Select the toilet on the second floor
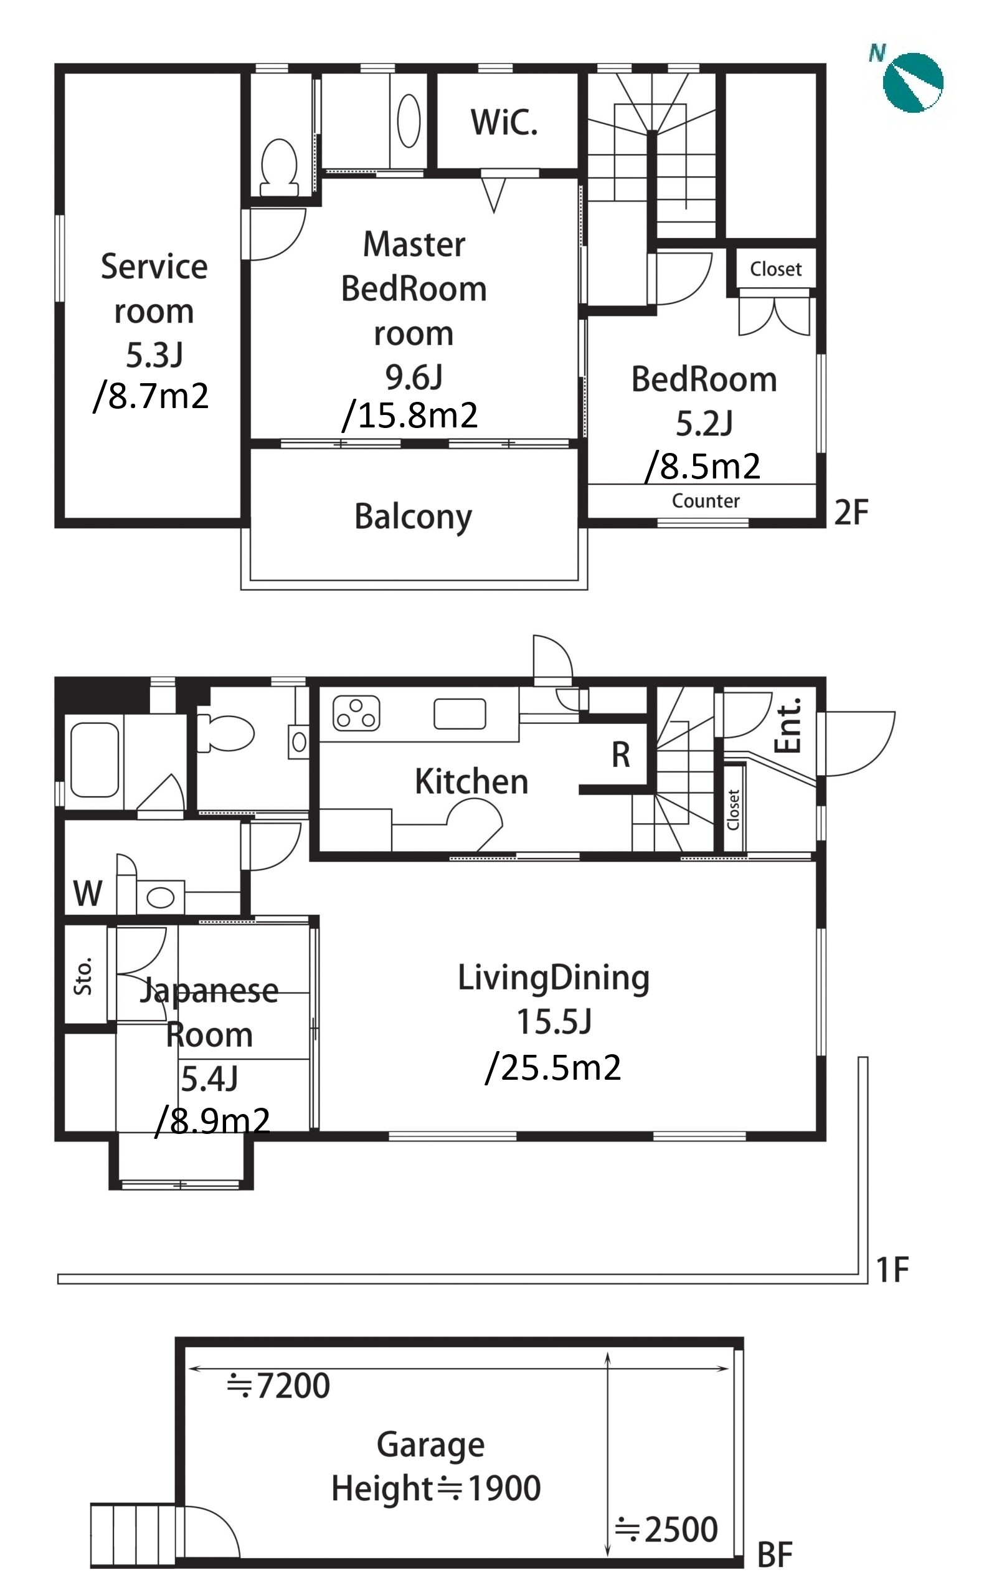(x=279, y=168)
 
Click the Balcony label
(x=414, y=517)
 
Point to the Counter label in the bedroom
(x=706, y=501)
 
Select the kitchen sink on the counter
(x=460, y=713)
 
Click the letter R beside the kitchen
(x=621, y=755)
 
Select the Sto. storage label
(x=83, y=976)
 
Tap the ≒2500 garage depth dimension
(x=666, y=1530)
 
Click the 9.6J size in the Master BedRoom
(x=414, y=377)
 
